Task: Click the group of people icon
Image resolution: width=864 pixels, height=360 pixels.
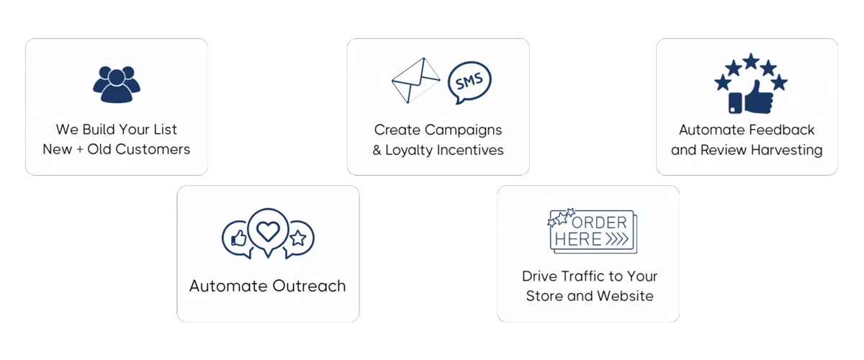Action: (x=114, y=84)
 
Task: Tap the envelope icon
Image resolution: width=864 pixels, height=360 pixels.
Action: (x=416, y=81)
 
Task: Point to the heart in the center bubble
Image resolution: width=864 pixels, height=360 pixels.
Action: (x=268, y=231)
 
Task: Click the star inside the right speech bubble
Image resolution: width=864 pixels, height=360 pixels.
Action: (x=298, y=238)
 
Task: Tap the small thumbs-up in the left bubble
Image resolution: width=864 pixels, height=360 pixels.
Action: (x=238, y=238)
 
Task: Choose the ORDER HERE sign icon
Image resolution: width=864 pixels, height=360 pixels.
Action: (x=590, y=230)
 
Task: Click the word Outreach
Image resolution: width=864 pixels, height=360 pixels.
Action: (x=308, y=286)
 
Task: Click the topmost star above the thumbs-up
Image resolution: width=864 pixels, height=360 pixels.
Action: (x=750, y=60)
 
